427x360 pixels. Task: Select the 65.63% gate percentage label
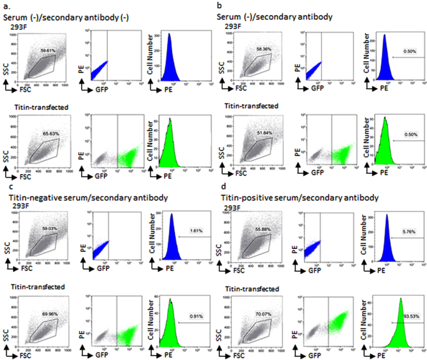(49, 133)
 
